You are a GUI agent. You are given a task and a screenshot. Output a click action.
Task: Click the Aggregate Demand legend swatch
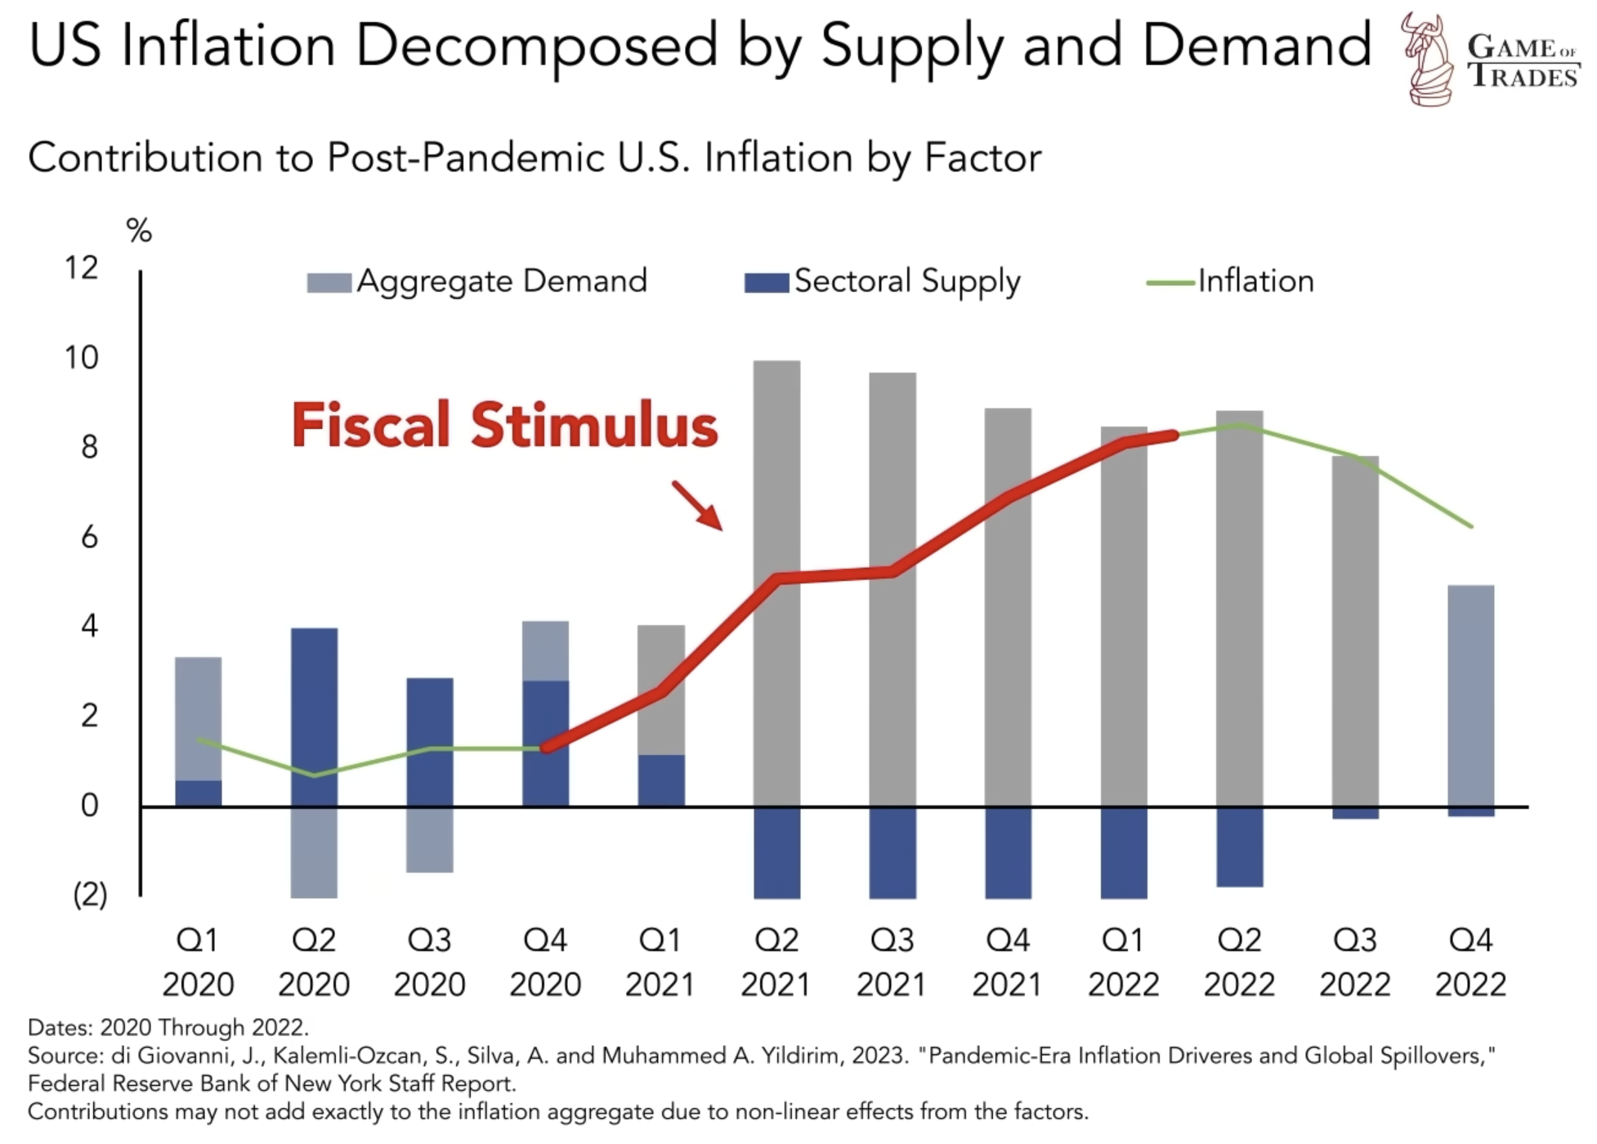coord(329,283)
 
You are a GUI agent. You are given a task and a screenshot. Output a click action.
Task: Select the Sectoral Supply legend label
coord(907,282)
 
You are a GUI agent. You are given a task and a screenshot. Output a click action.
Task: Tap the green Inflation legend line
coord(1171,283)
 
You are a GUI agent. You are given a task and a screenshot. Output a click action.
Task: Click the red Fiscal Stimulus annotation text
coord(504,426)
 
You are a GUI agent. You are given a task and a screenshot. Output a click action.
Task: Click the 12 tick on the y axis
coord(82,268)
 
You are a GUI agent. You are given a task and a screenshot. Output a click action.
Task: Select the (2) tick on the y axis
coord(90,895)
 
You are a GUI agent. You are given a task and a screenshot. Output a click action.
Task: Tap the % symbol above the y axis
coord(139,231)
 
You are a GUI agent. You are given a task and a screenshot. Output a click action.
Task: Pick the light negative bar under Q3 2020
coord(430,839)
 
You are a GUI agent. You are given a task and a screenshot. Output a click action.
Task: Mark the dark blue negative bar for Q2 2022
coord(1239,847)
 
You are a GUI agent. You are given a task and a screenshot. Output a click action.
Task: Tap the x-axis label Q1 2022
coord(1123,962)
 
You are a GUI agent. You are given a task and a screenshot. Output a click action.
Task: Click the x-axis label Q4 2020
coord(545,962)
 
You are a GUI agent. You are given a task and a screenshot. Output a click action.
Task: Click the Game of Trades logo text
coord(1522,61)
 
